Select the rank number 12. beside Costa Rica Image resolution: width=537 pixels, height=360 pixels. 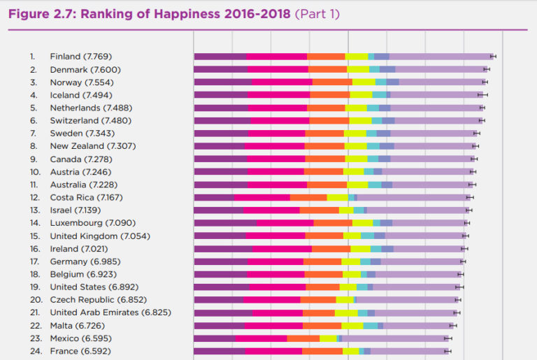[x=34, y=197]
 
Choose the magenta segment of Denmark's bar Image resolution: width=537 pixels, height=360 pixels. [x=278, y=69]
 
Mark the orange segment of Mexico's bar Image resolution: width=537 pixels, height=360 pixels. [x=303, y=338]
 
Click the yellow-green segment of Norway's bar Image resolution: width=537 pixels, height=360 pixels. [x=364, y=82]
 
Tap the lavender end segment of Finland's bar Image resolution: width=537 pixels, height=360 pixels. [x=441, y=56]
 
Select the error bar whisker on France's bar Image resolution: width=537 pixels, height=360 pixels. [x=447, y=351]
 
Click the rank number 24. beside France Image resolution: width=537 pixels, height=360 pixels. [x=34, y=351]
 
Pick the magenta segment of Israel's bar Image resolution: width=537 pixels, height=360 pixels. [x=271, y=210]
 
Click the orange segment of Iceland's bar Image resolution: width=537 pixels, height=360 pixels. [x=330, y=94]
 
